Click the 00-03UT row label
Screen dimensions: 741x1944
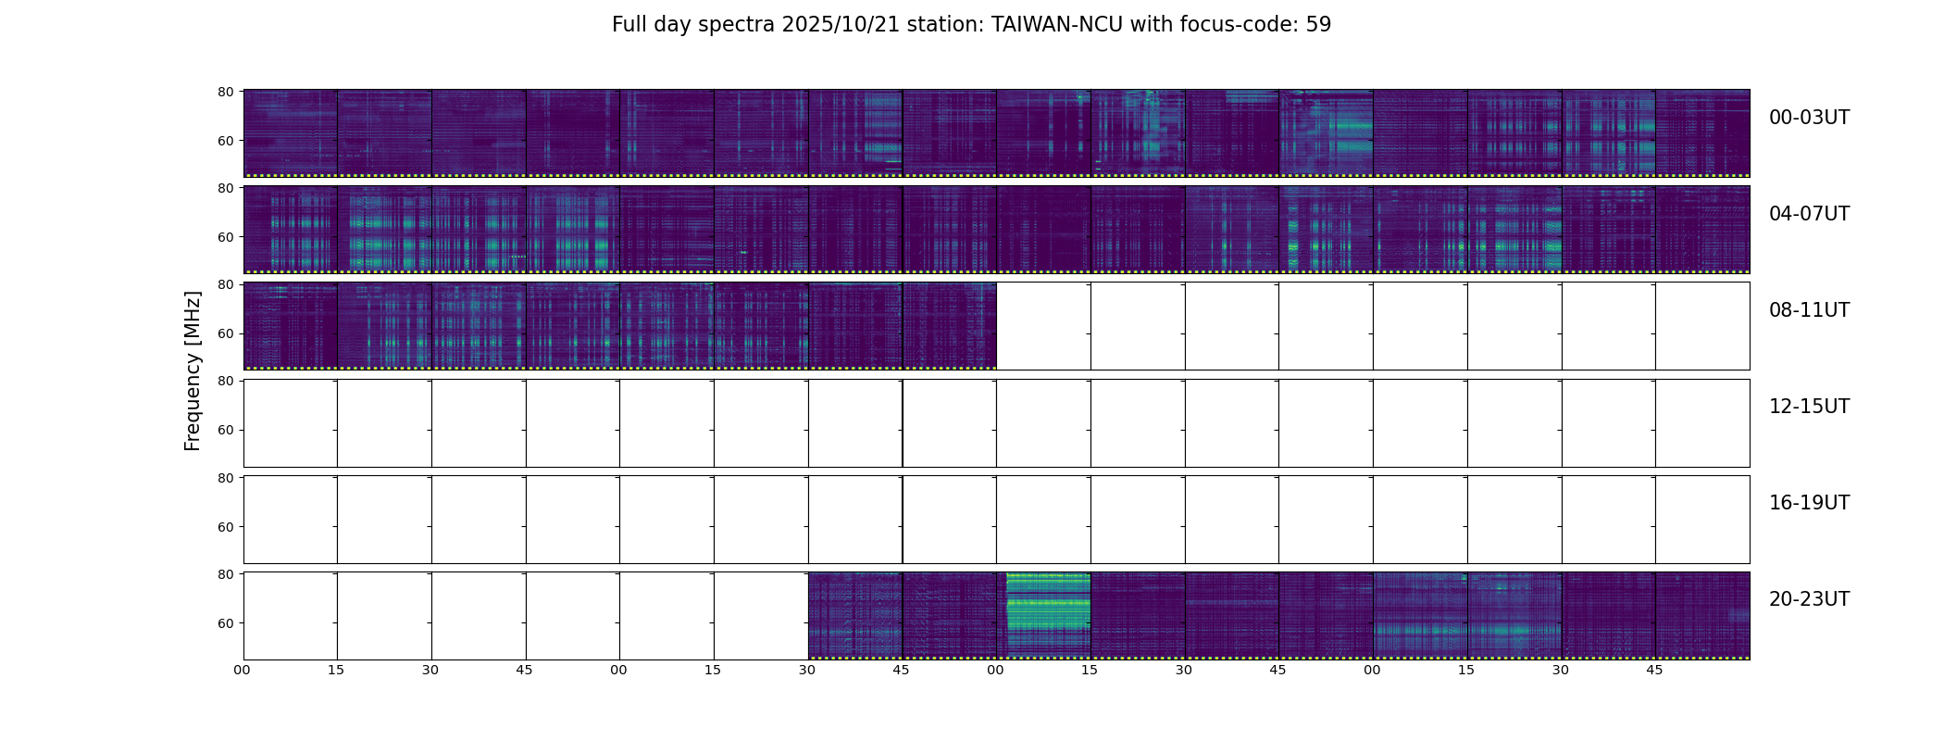point(1808,118)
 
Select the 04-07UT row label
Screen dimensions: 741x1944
point(1808,214)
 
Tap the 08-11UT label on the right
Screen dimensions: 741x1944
point(1808,310)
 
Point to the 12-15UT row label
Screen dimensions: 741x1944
point(1808,407)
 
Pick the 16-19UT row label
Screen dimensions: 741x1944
point(1808,503)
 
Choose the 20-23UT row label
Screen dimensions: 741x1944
point(1808,599)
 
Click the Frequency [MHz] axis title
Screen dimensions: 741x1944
point(193,370)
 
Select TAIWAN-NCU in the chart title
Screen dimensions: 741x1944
point(1057,25)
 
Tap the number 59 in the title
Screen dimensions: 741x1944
point(1318,25)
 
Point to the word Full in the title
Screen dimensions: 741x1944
point(629,25)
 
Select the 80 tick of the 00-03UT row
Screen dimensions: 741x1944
point(225,92)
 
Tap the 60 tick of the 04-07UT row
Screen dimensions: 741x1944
point(225,237)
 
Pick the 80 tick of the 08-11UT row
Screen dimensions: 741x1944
point(225,284)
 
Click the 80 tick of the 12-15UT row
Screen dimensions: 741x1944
point(225,381)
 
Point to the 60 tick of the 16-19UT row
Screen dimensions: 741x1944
point(225,527)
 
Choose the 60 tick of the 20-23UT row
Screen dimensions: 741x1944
point(225,623)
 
